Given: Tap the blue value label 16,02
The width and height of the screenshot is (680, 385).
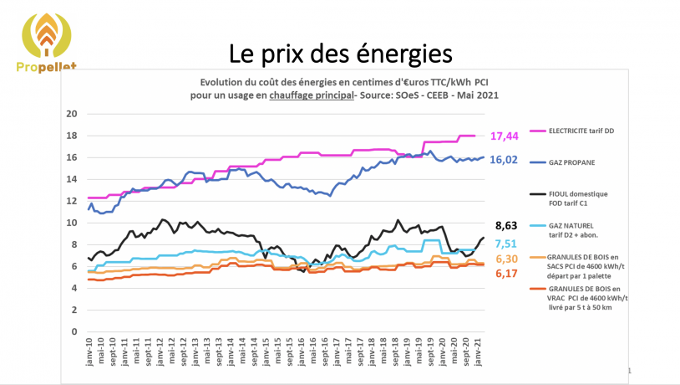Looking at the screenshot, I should [525, 159].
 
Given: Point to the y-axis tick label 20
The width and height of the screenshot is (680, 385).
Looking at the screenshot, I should [71, 114].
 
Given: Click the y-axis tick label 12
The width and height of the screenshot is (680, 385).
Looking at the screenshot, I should [71, 201].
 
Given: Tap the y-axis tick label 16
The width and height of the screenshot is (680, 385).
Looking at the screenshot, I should [71, 157].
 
